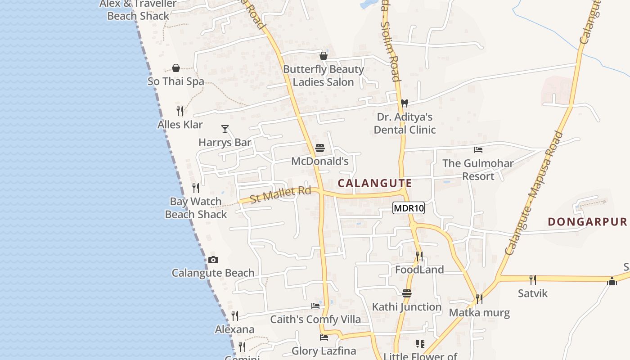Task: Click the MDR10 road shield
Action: click(x=409, y=208)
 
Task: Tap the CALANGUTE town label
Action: click(x=374, y=183)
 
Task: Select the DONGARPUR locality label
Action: click(x=587, y=221)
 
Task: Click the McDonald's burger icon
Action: click(x=320, y=148)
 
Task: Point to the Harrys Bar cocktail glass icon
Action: click(x=225, y=129)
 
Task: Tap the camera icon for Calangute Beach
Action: click(x=213, y=260)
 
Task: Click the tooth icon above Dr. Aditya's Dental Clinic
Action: click(x=404, y=103)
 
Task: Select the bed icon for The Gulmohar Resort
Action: click(x=478, y=149)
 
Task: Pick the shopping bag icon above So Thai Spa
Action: click(x=176, y=68)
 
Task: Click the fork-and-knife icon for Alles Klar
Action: click(x=180, y=111)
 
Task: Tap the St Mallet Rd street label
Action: click(x=281, y=194)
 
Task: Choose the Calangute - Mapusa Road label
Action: click(x=534, y=193)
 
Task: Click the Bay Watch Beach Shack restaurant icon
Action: click(x=196, y=188)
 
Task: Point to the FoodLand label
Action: click(x=419, y=270)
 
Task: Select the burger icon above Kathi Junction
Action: click(x=407, y=293)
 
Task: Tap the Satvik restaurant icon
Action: click(x=533, y=279)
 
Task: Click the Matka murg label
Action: click(x=479, y=313)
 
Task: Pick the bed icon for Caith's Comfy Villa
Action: click(x=315, y=306)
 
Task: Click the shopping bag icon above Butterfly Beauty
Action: click(x=323, y=56)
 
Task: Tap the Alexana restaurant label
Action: click(x=234, y=329)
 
